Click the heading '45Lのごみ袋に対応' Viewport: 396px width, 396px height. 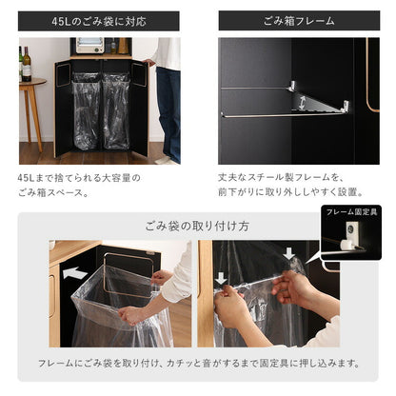(x=98, y=20)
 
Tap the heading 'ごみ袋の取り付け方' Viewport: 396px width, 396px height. (x=197, y=226)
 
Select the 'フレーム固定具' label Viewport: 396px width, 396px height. (x=352, y=211)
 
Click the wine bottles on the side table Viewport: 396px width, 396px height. (x=26, y=65)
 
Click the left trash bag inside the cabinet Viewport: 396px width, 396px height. (x=86, y=109)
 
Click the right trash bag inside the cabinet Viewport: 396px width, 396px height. (x=116, y=109)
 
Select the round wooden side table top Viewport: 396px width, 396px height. (x=30, y=83)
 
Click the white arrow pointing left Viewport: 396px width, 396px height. (x=75, y=272)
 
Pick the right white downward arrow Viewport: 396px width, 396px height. (x=289, y=253)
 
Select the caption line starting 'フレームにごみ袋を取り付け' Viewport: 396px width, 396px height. (x=197, y=364)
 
